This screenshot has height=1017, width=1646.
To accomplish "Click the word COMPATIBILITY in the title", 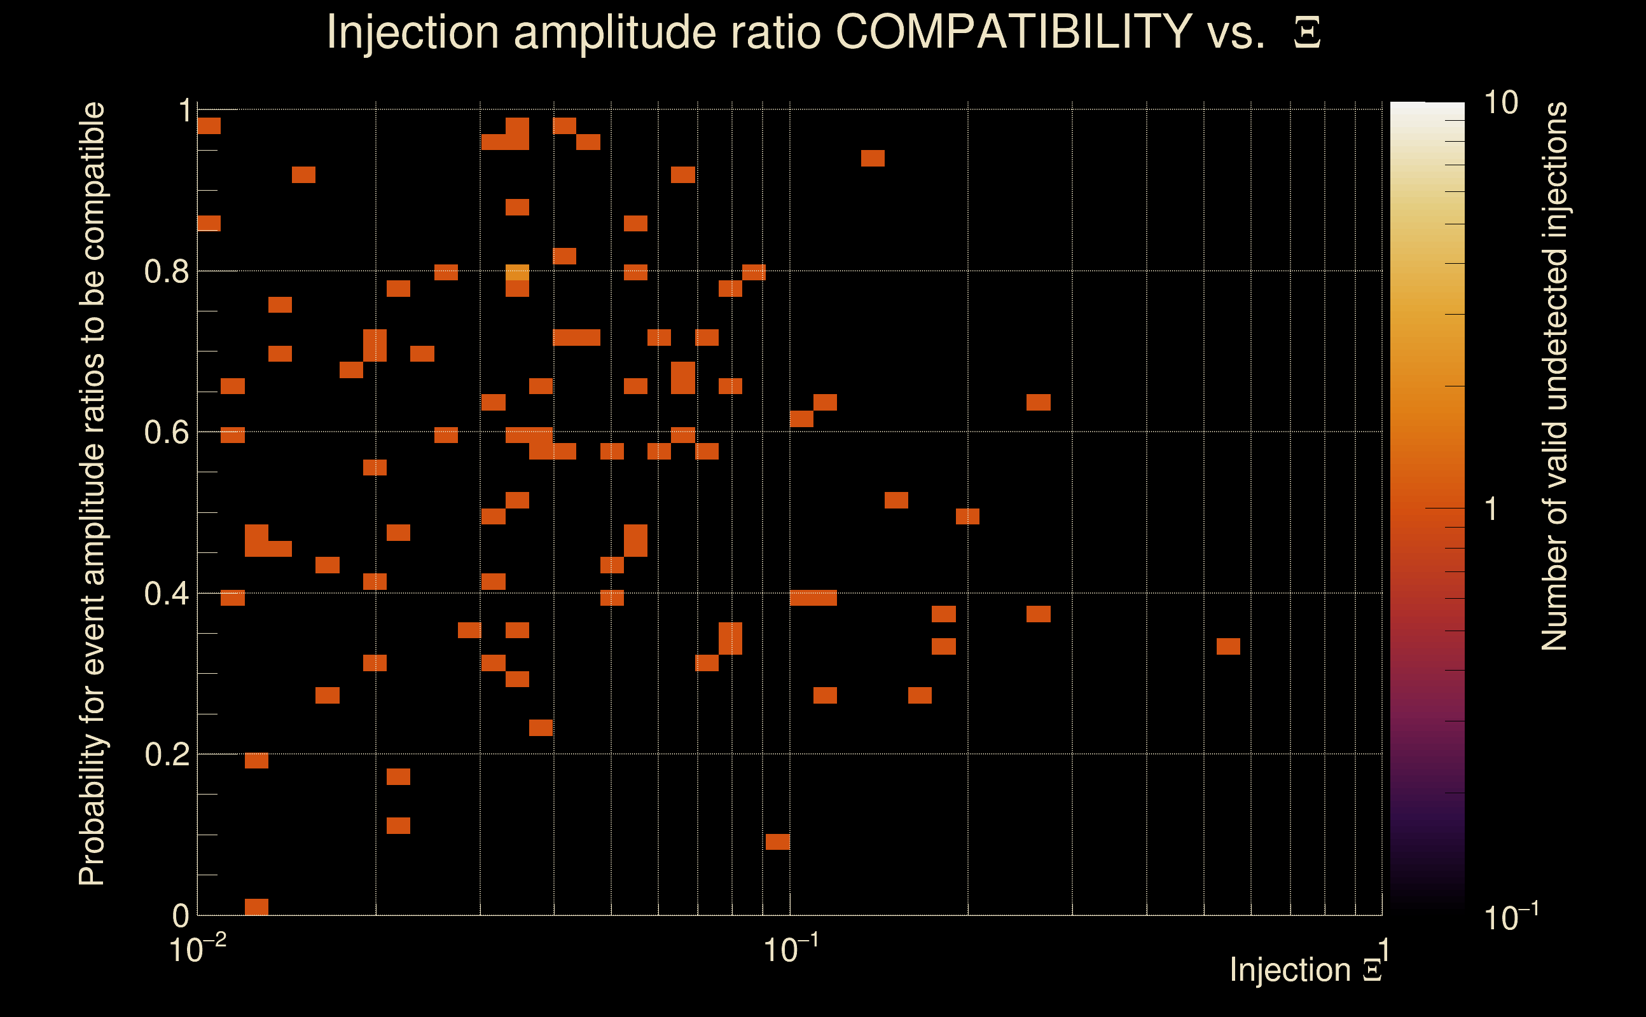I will pos(1013,32).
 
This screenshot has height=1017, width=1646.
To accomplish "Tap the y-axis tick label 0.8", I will pos(166,272).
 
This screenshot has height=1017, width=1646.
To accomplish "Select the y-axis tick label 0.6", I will pos(166,432).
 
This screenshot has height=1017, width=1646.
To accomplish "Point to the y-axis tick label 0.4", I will pos(166,594).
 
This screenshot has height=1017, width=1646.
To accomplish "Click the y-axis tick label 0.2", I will pos(166,754).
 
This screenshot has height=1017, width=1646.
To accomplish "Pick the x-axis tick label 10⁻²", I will pos(197,950).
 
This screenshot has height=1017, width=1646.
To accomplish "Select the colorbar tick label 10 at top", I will pos(1500,103).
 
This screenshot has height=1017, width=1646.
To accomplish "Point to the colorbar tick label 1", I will pos(1491,509).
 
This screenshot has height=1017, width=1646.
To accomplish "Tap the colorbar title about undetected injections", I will pos(1554,377).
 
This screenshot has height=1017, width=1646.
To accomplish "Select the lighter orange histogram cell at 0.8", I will pos(517,273).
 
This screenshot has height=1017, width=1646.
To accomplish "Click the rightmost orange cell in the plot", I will pos(1228,646).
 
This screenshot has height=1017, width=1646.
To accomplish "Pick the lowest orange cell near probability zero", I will pos(256,906).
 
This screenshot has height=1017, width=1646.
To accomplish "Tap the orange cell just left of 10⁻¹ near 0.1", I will pos(777,842).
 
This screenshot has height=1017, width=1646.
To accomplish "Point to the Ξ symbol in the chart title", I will pos(1307,32).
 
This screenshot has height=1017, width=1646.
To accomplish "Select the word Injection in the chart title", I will pos(412,32).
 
